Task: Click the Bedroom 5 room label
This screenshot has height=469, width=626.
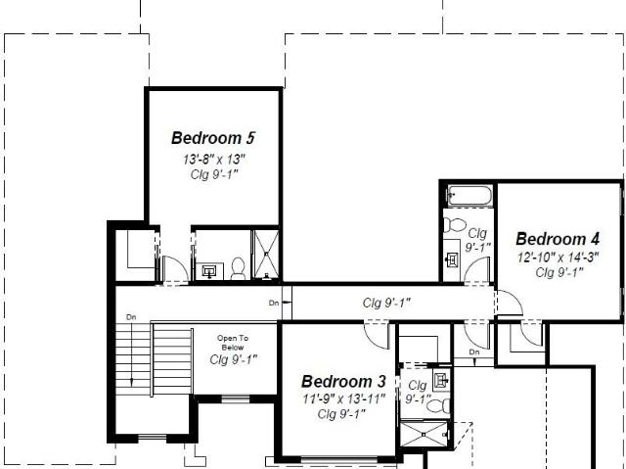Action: click(213, 138)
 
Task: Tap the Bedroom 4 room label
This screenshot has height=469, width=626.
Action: click(558, 239)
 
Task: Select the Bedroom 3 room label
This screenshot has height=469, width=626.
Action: click(343, 382)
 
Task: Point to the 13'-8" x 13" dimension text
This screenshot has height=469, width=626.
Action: click(213, 160)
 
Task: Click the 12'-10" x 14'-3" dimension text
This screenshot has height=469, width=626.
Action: click(559, 258)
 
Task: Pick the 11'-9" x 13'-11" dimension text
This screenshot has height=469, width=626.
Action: click(343, 399)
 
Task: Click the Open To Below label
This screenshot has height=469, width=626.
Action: click(233, 343)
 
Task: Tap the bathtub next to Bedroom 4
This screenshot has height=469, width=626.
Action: click(469, 196)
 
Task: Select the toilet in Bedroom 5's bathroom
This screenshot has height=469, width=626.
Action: click(239, 269)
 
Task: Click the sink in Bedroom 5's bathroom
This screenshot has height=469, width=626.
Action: click(208, 271)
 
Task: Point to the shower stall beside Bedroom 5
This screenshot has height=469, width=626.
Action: click(267, 254)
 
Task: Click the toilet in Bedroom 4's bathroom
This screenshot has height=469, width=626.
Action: click(455, 225)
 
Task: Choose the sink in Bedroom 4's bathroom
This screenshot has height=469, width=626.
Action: click(452, 260)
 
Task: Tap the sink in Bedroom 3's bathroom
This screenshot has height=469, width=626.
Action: click(441, 379)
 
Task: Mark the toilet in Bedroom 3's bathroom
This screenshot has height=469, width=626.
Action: click(438, 406)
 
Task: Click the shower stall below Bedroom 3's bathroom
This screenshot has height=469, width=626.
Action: click(424, 434)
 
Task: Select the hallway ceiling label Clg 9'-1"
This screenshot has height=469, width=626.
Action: click(386, 304)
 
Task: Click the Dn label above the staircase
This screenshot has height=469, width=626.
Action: click(131, 317)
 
